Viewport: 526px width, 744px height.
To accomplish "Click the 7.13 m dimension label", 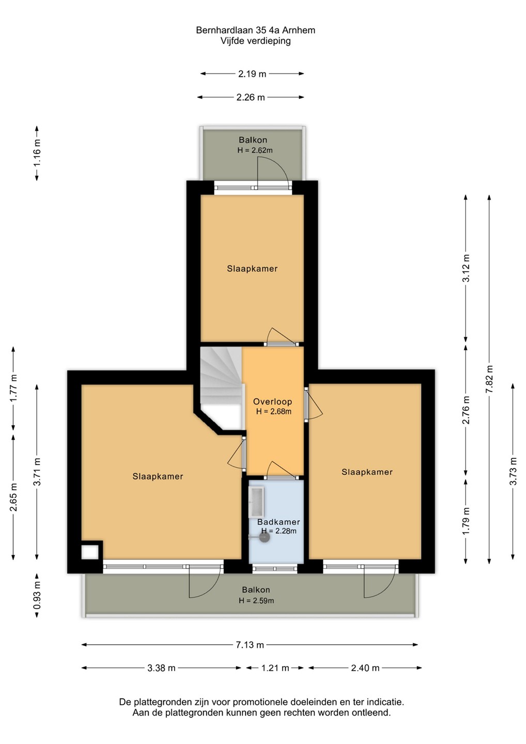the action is coord(250,645).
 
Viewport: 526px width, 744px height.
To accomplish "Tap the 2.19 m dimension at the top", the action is coord(252,74).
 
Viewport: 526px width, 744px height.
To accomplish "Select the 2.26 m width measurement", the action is coord(251,97).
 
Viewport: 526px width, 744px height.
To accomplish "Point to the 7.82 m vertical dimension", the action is coord(489,379).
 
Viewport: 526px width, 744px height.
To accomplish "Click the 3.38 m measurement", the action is coord(161,668).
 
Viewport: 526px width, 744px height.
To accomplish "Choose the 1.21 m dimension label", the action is coord(275,668).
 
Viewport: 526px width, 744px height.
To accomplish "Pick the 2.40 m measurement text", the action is coord(365,668).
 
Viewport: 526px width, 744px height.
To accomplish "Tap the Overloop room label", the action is coord(273,401).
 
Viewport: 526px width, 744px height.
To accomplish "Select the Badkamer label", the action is coord(279,522).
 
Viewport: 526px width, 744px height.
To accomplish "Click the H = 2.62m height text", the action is coord(255,150).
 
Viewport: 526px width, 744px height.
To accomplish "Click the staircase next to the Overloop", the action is coord(221,375).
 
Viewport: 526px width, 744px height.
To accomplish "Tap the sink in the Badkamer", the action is coord(256,502).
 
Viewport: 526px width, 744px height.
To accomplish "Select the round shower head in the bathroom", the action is coord(265,537).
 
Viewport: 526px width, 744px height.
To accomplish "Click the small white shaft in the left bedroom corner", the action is coord(90,552).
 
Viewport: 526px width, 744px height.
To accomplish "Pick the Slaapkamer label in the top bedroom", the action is coord(252,269).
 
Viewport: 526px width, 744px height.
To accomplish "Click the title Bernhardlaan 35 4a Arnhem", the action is coord(256,30).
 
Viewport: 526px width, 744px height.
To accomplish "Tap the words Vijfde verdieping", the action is coord(256,41).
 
